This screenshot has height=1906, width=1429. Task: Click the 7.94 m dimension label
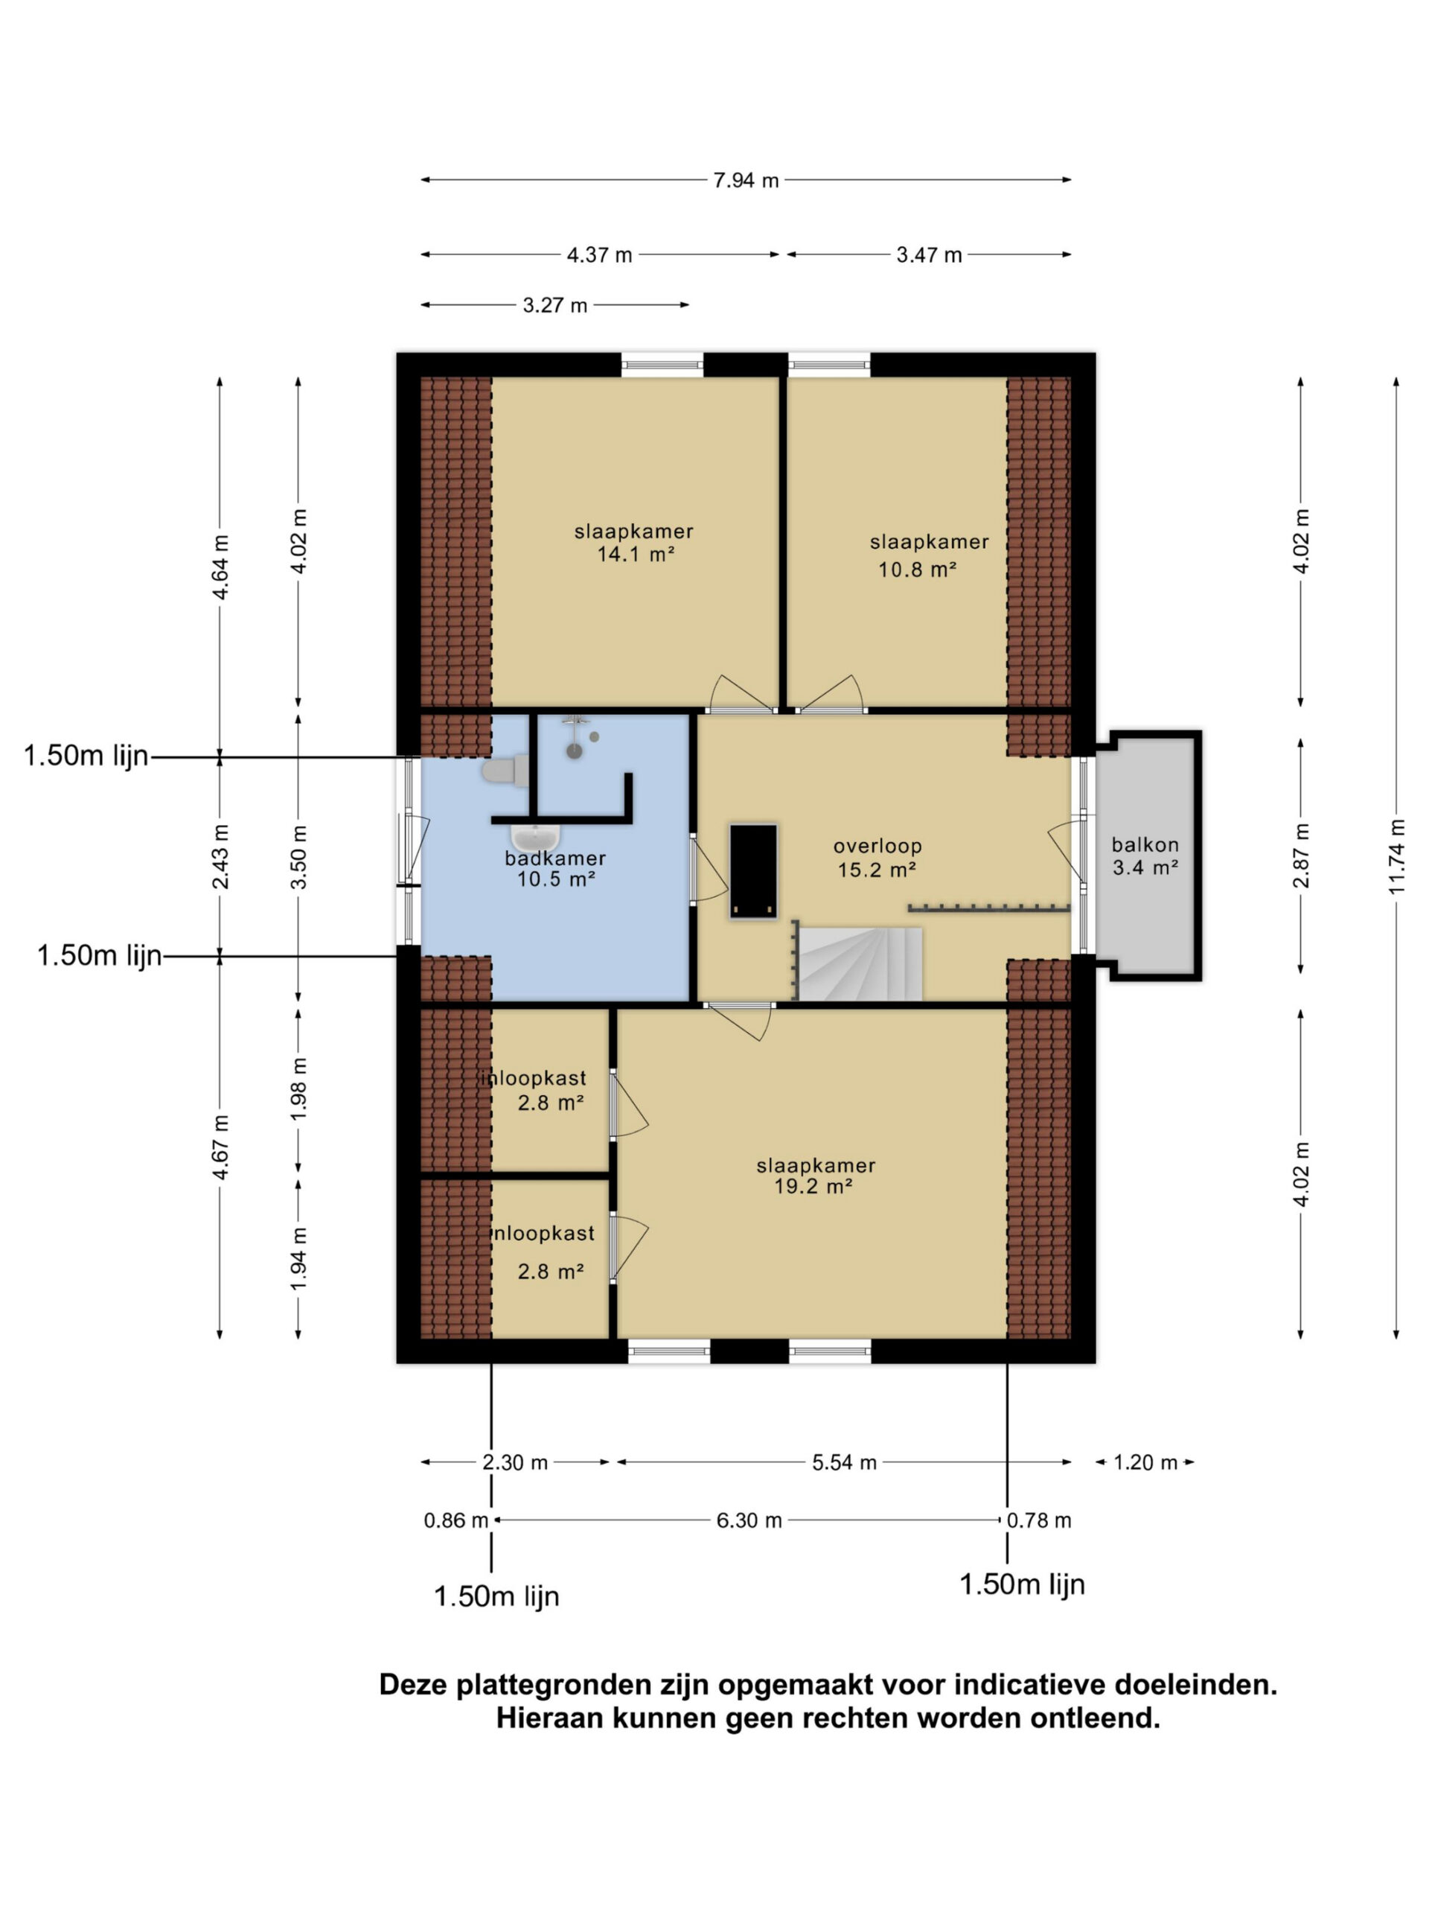745,180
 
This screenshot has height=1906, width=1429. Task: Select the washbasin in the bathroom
535,837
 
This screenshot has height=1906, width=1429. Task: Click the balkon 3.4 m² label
1144,855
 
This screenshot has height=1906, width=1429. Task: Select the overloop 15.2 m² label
877,858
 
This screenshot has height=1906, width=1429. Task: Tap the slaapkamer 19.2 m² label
815,1176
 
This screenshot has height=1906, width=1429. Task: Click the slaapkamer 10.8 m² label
927,555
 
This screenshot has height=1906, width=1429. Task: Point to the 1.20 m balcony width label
1145,1462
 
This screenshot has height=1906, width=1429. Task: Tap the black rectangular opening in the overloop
754,871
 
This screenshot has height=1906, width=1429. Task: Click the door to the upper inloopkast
627,1105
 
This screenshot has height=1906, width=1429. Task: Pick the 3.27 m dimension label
554,305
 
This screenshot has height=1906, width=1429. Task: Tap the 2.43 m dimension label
220,856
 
